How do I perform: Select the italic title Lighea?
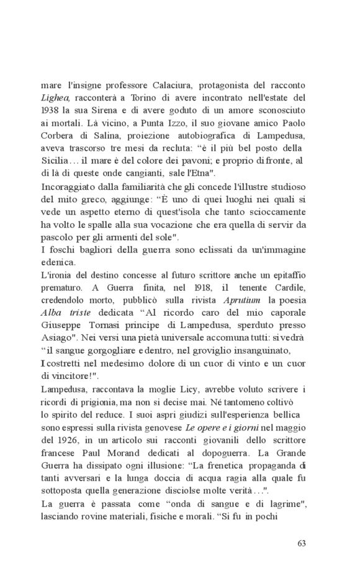tap(55, 97)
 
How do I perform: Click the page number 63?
tap(302, 544)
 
